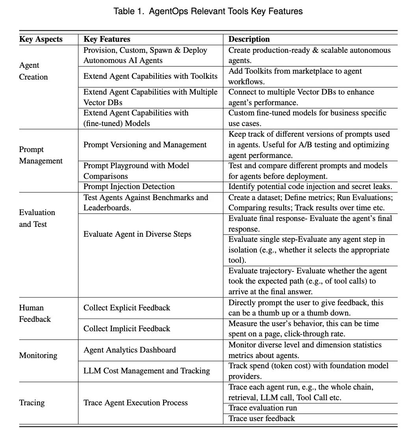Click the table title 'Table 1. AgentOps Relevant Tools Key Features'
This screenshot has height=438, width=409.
point(208,11)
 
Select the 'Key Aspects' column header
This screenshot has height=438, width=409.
point(41,39)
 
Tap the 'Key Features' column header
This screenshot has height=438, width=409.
point(107,39)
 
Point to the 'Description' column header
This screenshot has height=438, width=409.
point(249,39)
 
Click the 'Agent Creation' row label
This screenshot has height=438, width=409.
point(33,71)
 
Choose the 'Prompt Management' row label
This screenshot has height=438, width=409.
point(41,155)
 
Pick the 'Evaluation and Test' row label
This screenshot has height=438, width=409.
point(37,218)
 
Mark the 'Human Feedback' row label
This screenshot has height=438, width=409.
point(35,314)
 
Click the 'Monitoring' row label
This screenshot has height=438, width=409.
point(38,355)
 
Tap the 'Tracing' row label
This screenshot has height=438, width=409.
point(32,403)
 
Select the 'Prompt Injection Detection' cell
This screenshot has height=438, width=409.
point(129,187)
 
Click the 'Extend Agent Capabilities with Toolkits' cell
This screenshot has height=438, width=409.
point(150,76)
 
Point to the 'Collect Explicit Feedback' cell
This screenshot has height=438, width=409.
point(127,308)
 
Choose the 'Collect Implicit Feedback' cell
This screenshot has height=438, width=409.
point(127,329)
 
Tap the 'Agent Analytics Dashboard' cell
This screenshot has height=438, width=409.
point(130,350)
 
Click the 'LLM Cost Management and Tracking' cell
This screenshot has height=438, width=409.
point(147,371)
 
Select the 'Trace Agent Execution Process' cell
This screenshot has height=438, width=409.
point(136,403)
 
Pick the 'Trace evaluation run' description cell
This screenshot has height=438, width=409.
point(263,408)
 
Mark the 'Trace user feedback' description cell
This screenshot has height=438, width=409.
point(262,419)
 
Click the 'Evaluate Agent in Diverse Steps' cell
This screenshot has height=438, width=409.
point(137,234)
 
